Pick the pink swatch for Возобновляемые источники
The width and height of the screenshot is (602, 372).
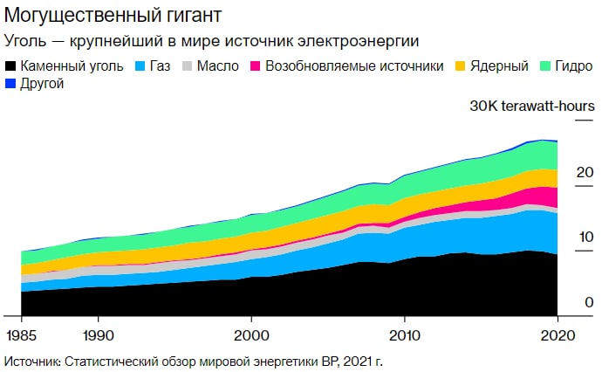(256, 66)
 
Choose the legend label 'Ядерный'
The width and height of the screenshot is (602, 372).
(499, 66)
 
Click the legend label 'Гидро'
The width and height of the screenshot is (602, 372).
(571, 66)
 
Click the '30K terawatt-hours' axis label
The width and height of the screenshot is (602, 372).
(532, 107)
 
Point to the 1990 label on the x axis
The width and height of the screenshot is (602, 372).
(98, 334)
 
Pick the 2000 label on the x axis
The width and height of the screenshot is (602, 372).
(251, 334)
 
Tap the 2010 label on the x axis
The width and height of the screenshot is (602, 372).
(404, 334)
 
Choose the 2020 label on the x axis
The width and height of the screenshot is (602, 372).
(557, 334)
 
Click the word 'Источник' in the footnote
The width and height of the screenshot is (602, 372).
(31, 361)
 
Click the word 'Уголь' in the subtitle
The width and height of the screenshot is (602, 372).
(26, 40)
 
